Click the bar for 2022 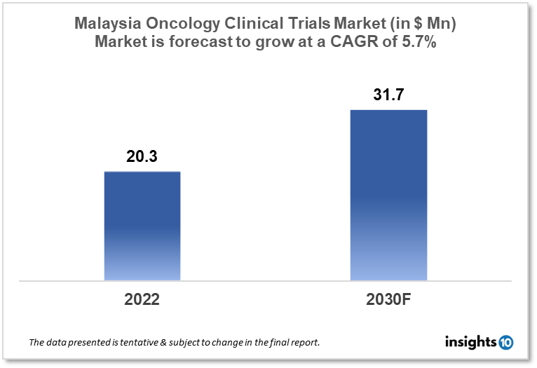coord(142,226)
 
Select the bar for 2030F coord(389,195)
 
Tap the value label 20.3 coord(142,158)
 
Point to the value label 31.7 coord(388,95)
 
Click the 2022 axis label coord(142,299)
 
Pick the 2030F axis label coord(389,299)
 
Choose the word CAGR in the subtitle coord(374,41)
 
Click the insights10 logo coord(480,342)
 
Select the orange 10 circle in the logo coord(505,343)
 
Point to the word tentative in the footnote coord(132,343)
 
